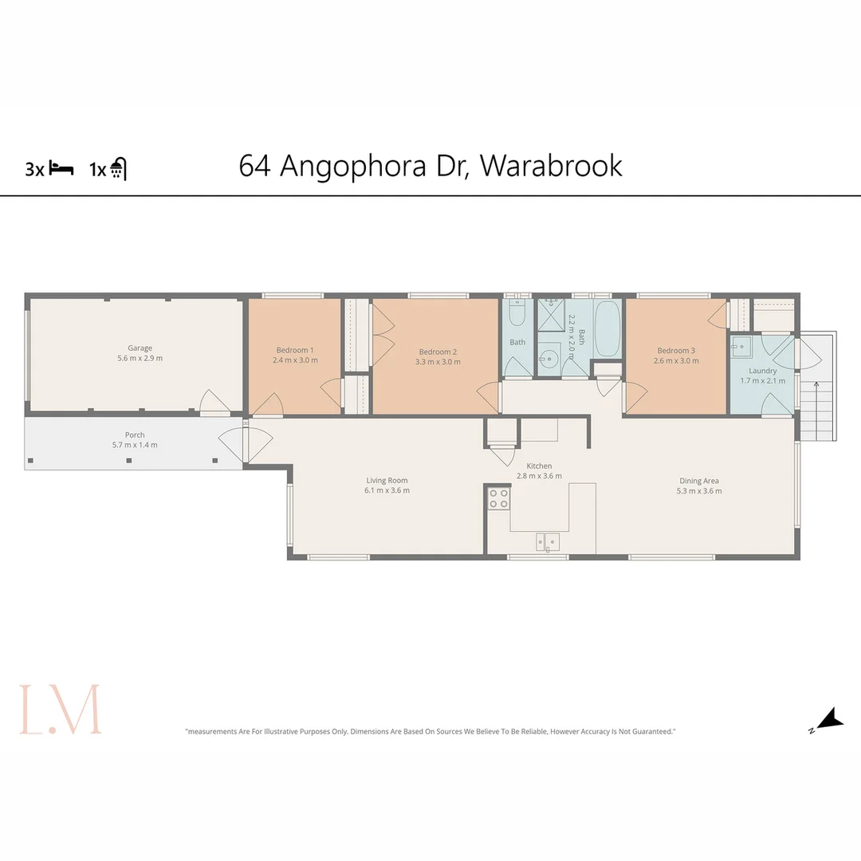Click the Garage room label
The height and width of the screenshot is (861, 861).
[140, 348]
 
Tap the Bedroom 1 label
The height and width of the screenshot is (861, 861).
[295, 350]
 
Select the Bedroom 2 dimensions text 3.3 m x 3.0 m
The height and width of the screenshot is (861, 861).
[438, 362]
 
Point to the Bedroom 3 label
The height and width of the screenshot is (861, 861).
[676, 350]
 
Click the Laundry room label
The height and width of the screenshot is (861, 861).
[763, 371]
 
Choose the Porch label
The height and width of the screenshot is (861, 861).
[135, 434]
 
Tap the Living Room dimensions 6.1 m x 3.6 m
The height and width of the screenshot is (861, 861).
[387, 490]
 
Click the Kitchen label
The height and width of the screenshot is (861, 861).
[539, 466]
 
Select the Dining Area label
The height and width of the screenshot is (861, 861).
[699, 481]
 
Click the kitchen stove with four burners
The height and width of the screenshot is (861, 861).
[499, 499]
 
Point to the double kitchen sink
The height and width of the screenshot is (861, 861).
[548, 542]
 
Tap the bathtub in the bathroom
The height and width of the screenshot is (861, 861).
[607, 329]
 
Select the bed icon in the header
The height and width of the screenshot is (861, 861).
[61, 168]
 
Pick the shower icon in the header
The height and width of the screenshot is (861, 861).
[118, 168]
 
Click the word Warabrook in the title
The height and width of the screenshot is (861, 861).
[552, 166]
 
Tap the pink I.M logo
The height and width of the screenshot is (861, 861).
[61, 709]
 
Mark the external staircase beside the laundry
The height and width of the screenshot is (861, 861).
[817, 411]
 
